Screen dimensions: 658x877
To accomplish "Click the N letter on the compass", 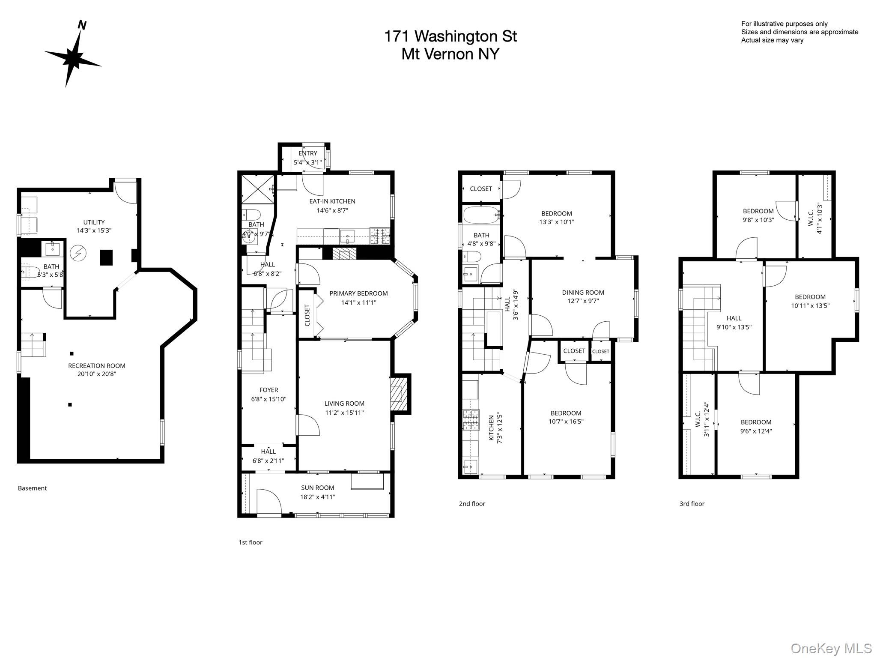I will [x=82, y=25].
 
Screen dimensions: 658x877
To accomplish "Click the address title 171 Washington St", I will [x=450, y=36].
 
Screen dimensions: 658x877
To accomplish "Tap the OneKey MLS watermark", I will [x=831, y=648].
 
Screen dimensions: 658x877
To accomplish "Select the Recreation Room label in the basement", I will [x=97, y=365].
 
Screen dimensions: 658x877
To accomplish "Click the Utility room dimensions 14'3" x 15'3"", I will [x=94, y=230].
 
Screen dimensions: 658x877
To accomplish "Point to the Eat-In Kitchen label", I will [x=332, y=201].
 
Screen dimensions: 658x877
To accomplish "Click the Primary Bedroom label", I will [x=358, y=293].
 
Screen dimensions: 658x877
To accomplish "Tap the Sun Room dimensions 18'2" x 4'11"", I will [x=317, y=497].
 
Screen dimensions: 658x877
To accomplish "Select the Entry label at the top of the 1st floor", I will [x=307, y=153].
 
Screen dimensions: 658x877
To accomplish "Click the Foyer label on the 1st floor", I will [x=268, y=390].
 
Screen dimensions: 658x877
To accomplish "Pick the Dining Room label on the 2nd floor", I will [x=583, y=293].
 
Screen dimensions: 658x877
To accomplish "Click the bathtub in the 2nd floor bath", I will [x=480, y=215].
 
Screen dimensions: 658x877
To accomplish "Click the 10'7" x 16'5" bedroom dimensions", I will [x=566, y=422].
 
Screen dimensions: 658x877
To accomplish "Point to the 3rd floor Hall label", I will [x=734, y=318].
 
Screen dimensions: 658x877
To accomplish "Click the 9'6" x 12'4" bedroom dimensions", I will [x=756, y=431].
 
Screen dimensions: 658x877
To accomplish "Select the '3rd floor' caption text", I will [x=692, y=504].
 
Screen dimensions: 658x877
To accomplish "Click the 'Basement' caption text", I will [x=32, y=488].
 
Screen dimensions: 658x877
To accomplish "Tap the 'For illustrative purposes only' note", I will [x=784, y=24].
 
